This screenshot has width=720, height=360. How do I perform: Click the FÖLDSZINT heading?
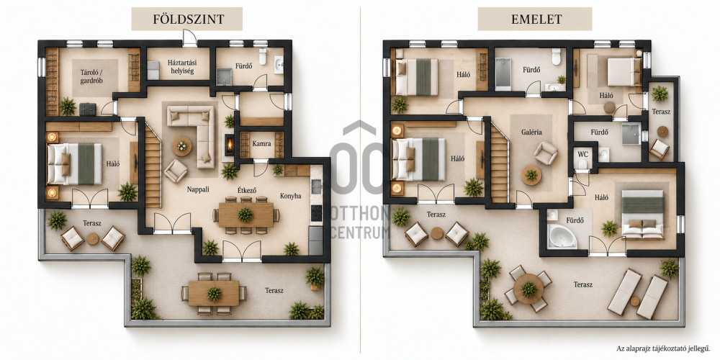click(188, 19)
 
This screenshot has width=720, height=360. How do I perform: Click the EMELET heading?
click(535, 19)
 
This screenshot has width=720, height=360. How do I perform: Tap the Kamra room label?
click(261, 144)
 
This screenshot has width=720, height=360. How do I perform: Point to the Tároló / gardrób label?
click(91, 76)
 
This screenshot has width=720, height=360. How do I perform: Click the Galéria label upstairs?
click(531, 132)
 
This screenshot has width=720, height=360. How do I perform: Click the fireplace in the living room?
click(228, 143)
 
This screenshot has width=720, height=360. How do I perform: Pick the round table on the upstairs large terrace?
click(528, 289)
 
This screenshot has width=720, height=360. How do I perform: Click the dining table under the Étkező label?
click(246, 215)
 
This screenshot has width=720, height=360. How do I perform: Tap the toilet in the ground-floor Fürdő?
click(263, 56)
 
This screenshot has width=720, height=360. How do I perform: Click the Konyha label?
click(291, 196)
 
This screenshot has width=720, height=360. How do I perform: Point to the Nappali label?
click(199, 189)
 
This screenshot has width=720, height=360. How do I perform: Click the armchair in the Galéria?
click(546, 153)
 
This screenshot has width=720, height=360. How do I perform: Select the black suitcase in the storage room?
click(87, 109)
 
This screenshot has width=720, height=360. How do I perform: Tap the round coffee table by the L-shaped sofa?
click(182, 146)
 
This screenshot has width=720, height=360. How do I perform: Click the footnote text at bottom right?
click(665, 349)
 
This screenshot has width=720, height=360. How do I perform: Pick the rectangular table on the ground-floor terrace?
click(214, 294)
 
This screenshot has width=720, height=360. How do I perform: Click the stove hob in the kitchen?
click(316, 213)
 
